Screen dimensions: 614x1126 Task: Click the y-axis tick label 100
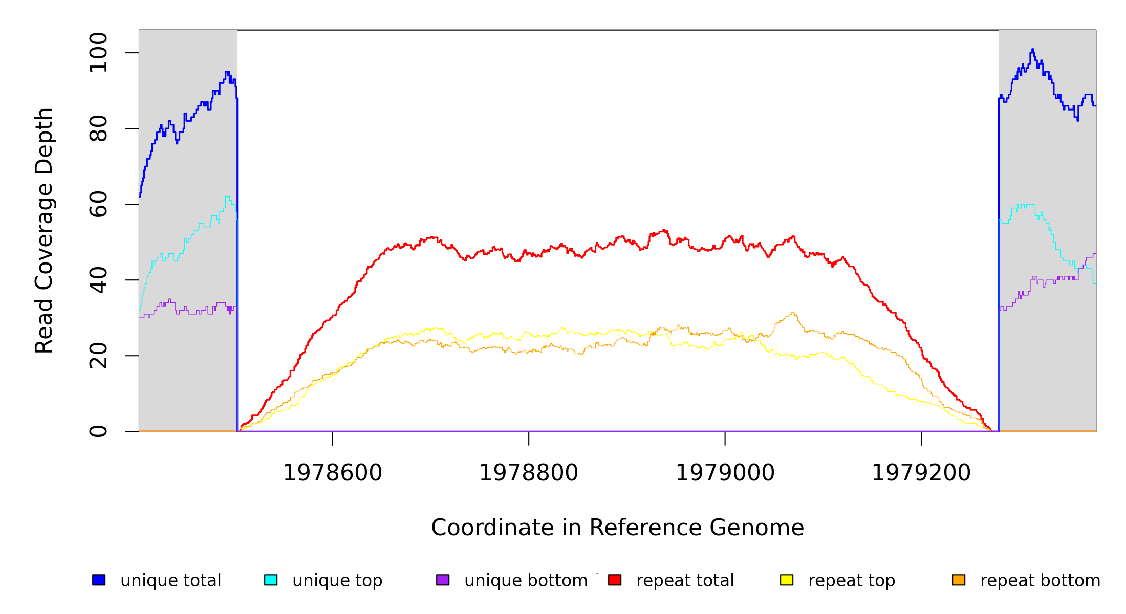pos(98,53)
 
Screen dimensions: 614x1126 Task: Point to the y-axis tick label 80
pos(98,128)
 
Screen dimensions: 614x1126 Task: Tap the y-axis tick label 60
pos(98,204)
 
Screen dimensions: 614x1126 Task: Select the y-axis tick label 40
pos(98,280)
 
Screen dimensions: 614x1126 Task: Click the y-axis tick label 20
pos(98,356)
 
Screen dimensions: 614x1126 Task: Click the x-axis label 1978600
pos(333,473)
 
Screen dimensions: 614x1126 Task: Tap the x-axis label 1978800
pos(529,473)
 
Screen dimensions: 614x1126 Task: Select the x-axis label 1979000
pos(725,473)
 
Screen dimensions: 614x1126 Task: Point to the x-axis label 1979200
pos(921,473)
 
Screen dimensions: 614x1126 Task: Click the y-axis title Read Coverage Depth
pos(44,230)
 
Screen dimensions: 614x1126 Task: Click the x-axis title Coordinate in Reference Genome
pos(617,528)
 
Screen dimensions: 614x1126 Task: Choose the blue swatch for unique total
pos(99,580)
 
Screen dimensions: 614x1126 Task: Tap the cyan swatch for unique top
pos(271,580)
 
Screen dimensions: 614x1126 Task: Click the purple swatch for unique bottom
pos(443,580)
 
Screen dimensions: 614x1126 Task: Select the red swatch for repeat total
pos(615,580)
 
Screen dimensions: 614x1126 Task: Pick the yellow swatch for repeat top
pos(787,580)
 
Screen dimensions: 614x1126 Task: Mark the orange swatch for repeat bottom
pos(959,580)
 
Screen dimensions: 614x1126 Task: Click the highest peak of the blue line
pos(1032,49)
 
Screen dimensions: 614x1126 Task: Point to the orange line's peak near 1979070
pos(792,312)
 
